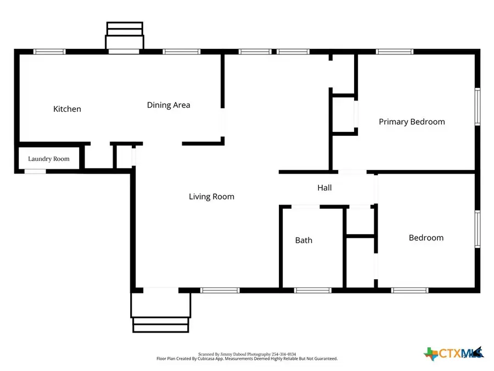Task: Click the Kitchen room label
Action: click(67, 109)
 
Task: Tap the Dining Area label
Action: click(169, 105)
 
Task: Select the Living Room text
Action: click(211, 196)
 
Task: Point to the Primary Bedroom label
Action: click(412, 121)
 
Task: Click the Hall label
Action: click(324, 187)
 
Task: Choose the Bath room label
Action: click(304, 240)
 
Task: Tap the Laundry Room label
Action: click(49, 159)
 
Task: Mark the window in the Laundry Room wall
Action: click(35, 171)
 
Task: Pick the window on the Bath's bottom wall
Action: click(312, 290)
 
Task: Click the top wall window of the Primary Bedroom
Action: click(394, 52)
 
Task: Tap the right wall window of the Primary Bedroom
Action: click(478, 107)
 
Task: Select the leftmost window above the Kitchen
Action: click(49, 52)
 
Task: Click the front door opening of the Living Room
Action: click(160, 289)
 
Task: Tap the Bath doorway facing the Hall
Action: click(305, 207)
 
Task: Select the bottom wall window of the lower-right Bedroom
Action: click(409, 290)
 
